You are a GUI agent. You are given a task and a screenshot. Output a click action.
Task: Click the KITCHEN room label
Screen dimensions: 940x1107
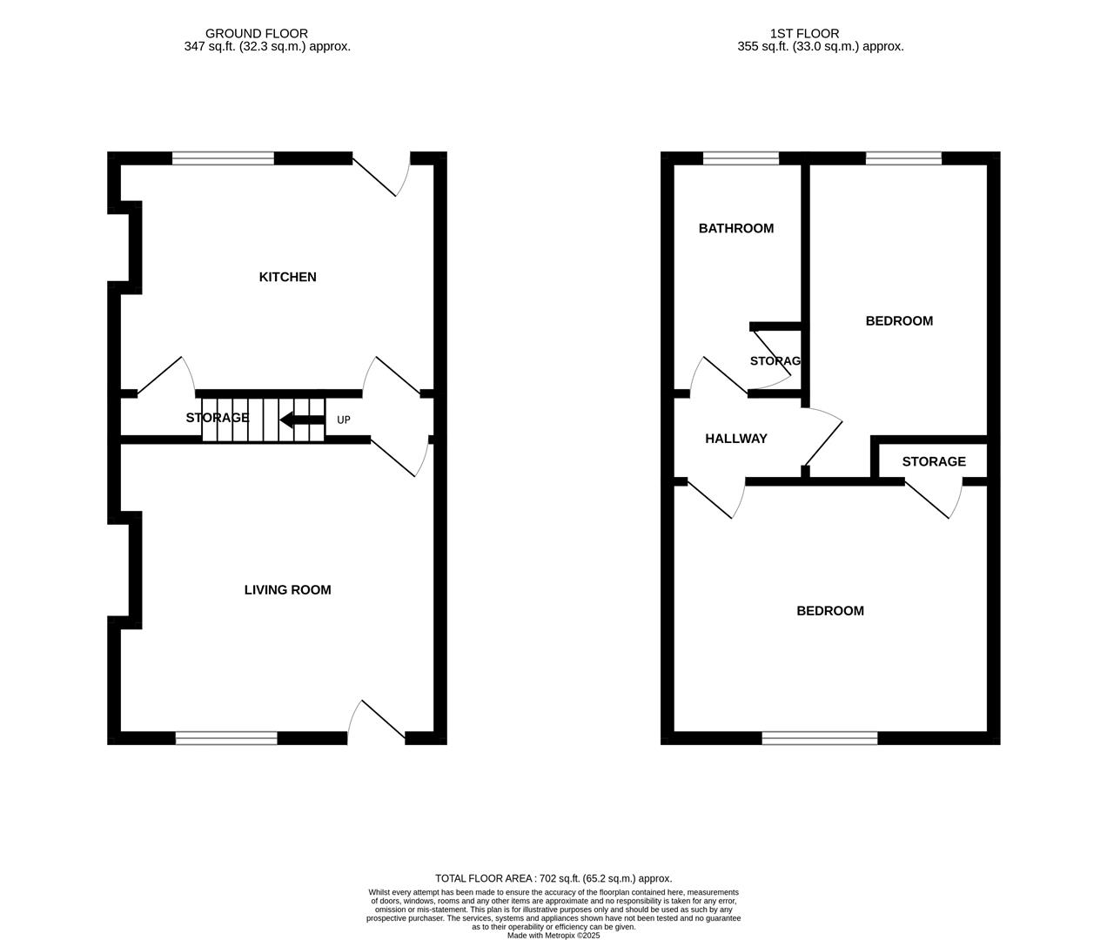287,277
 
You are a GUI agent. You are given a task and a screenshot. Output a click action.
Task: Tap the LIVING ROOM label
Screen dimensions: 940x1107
287,590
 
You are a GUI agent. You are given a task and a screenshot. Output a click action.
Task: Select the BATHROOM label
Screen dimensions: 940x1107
735,228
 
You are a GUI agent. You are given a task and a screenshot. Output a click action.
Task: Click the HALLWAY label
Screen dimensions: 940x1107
735,439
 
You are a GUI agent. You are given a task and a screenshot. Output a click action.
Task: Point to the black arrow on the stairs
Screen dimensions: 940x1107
301,421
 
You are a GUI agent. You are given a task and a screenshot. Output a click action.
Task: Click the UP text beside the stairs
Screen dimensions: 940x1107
344,420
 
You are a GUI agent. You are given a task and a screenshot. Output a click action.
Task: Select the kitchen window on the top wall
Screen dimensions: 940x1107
223,158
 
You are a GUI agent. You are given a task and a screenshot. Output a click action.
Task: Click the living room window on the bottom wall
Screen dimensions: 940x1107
226,738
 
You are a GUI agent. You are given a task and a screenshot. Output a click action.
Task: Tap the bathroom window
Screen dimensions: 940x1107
741,158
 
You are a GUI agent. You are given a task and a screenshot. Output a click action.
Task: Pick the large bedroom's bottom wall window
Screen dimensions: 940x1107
819,738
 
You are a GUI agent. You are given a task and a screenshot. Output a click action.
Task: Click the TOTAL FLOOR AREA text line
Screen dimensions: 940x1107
553,879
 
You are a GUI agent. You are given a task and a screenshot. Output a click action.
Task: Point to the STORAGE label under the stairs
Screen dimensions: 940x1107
217,418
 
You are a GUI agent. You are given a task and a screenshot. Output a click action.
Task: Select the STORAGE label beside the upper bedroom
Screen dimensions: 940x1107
934,461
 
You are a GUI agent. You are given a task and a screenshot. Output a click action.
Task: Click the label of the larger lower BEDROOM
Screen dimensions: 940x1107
830,611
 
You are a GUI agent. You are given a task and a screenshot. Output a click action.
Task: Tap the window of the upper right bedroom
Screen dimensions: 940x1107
903,158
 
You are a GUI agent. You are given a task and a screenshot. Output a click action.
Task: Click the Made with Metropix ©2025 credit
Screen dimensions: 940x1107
553,936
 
